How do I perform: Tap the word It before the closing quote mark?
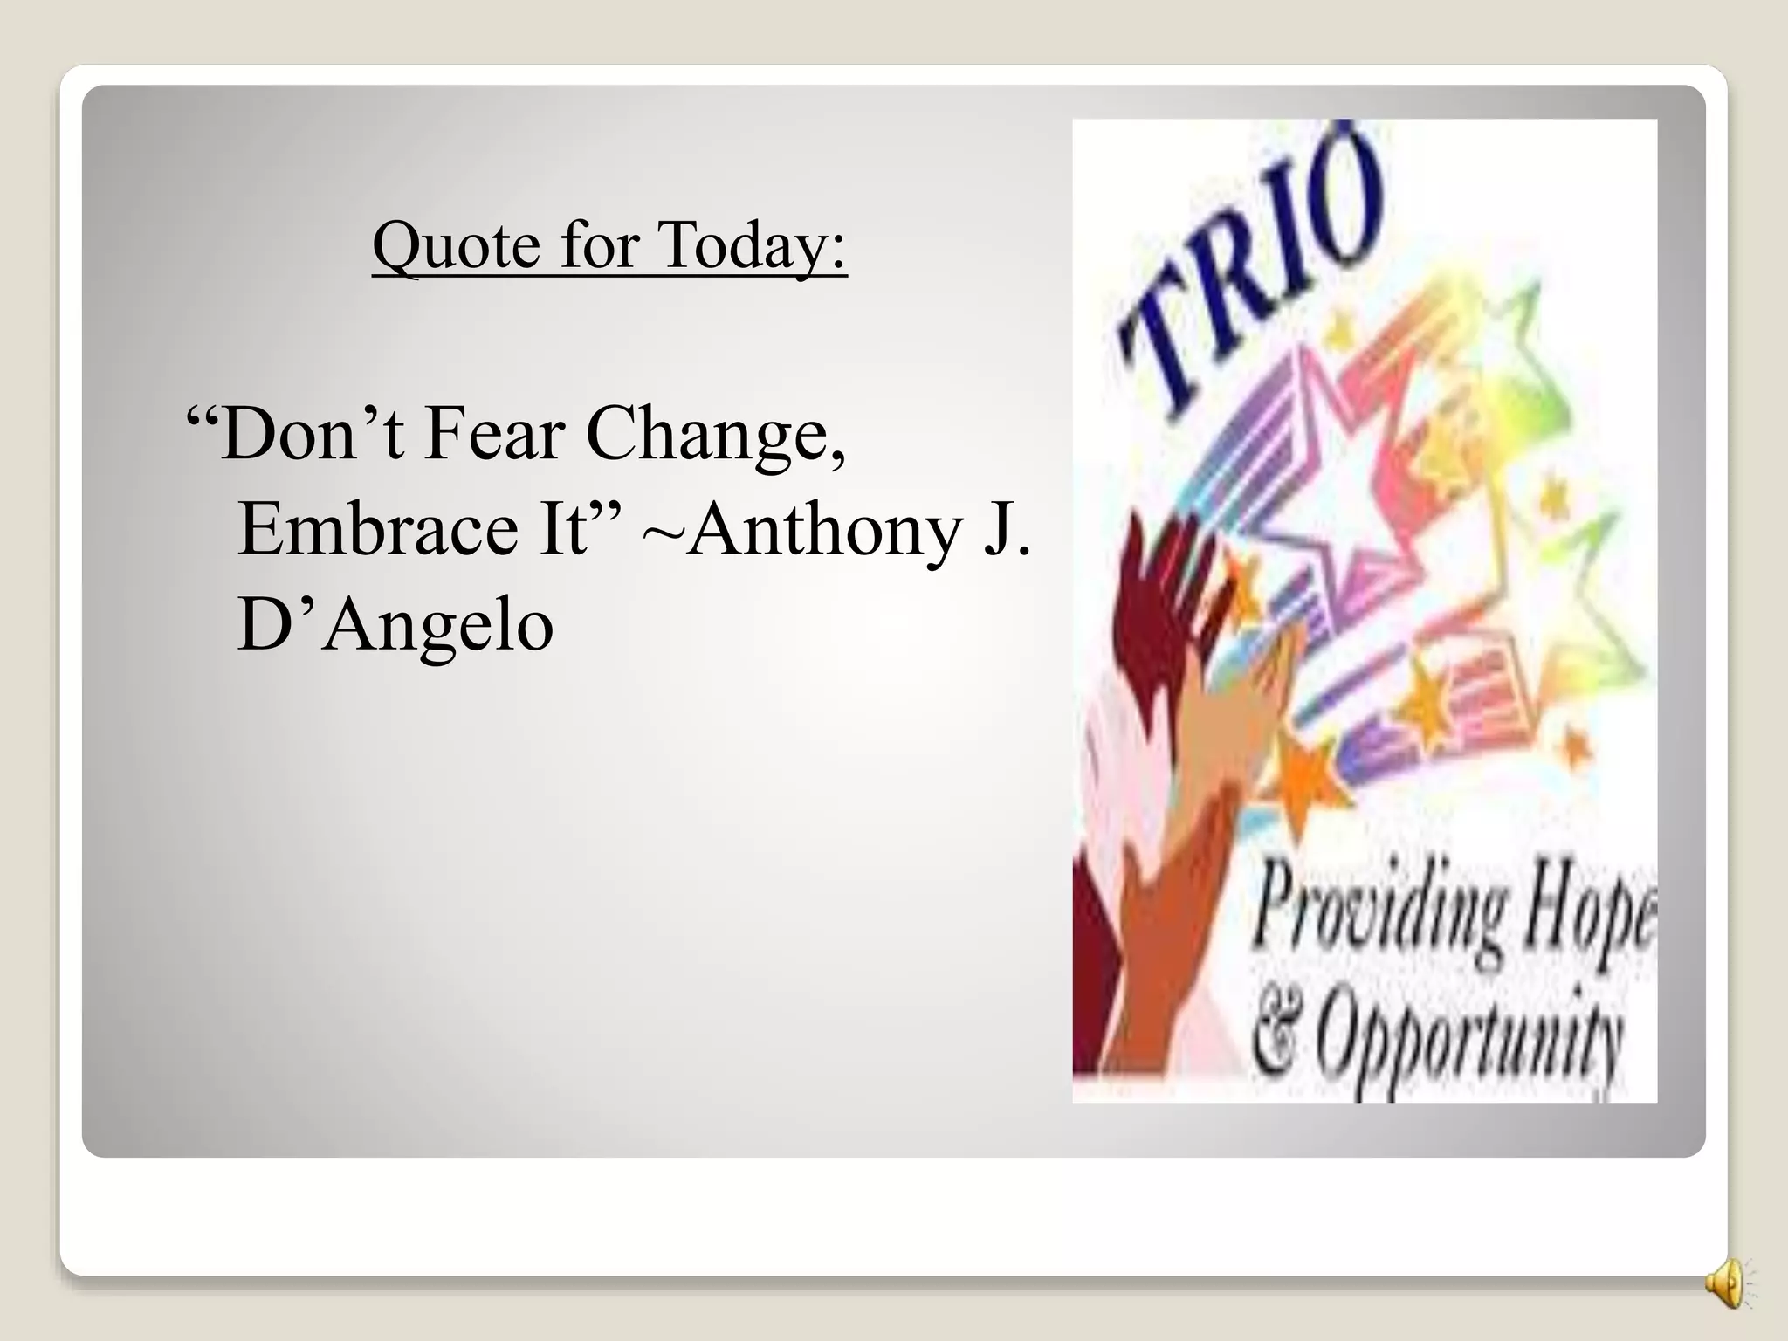tap(564, 529)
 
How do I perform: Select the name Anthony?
tap(823, 531)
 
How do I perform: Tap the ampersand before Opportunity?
tap(1274, 1035)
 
